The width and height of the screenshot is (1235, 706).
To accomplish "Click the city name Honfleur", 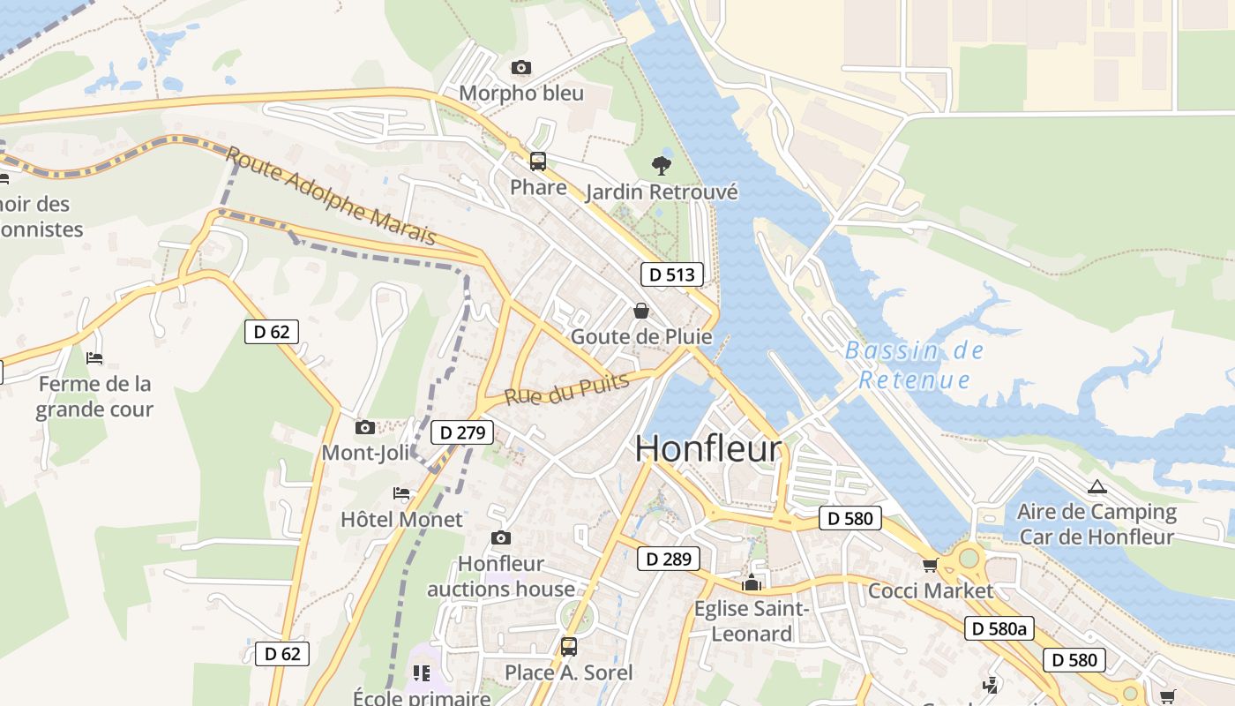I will (x=707, y=448).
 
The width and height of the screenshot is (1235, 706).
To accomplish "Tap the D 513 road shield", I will (x=671, y=274).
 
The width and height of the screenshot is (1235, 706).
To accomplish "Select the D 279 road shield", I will (x=462, y=432).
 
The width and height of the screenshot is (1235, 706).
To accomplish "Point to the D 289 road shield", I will (x=669, y=559).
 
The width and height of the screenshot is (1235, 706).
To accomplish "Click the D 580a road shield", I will (x=999, y=628).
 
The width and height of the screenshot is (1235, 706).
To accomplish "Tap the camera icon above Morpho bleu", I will (x=521, y=68).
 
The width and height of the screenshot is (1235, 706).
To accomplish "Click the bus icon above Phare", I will (x=537, y=161).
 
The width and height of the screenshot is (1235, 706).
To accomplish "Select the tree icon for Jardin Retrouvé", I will (x=661, y=165).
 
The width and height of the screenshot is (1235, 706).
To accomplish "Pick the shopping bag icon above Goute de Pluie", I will (x=641, y=311).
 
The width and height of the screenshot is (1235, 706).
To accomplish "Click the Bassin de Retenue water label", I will (x=915, y=365).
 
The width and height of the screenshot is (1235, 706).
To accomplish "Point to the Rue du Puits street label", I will (x=567, y=389).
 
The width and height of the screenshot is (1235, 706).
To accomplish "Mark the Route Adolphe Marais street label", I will (x=331, y=196).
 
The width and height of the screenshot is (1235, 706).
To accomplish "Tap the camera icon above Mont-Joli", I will (x=364, y=428).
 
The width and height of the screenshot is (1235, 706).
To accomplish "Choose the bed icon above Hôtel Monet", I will (x=401, y=494).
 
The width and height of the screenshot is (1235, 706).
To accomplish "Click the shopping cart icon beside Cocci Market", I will (x=930, y=565).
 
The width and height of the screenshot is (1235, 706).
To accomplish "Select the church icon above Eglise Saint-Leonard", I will (x=752, y=582).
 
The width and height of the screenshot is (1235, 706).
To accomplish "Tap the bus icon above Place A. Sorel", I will (x=569, y=647).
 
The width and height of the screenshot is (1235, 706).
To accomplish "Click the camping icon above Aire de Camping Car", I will (x=1097, y=486).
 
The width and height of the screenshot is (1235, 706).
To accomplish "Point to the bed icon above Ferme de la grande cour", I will (x=94, y=358).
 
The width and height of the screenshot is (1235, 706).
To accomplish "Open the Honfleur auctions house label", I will (x=501, y=576).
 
